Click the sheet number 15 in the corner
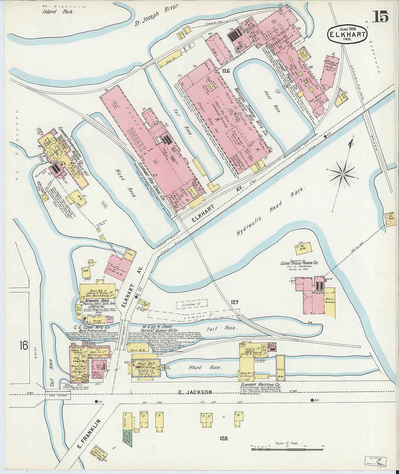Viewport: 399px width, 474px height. click(380, 17)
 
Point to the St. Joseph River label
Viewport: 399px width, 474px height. click(157, 17)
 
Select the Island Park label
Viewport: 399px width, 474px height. click(57, 12)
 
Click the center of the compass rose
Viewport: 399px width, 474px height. click(342, 175)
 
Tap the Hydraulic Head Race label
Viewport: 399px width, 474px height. click(270, 212)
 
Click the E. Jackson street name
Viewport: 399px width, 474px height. click(195, 392)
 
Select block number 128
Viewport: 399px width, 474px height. click(223, 438)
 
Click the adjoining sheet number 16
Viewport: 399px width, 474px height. click(24, 345)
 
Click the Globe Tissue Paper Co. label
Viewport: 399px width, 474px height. click(299, 263)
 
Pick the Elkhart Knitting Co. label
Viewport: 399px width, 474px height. click(260, 385)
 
